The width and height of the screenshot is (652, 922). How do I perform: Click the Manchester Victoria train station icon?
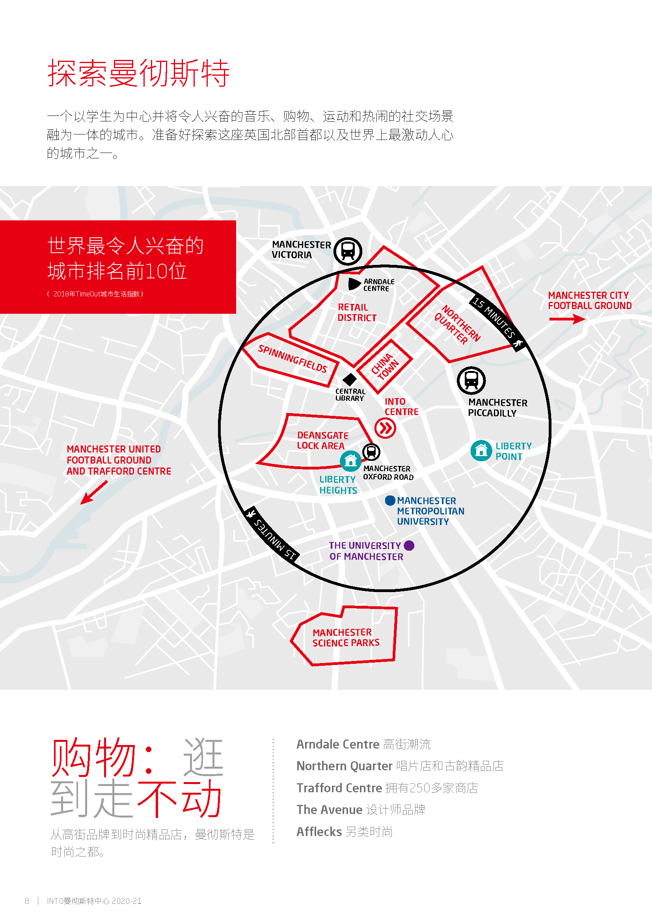pos(348,251)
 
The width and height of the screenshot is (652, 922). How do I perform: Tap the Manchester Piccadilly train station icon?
pos(471,380)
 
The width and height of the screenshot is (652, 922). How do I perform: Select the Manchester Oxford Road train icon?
pos(371,452)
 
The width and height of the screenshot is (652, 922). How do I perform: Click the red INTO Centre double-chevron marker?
pos(386,428)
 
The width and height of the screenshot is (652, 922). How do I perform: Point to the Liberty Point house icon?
pos(481,451)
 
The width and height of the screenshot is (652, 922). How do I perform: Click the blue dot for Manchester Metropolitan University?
pos(390,500)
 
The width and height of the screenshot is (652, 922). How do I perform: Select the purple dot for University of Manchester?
pos(409,545)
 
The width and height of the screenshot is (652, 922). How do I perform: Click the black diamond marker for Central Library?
pos(349,379)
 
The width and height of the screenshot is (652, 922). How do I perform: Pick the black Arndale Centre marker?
pos(354,284)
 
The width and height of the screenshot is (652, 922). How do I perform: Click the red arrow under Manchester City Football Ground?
pos(567,319)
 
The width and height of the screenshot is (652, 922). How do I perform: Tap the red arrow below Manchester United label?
pos(94,492)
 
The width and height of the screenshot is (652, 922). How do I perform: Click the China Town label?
pos(385,366)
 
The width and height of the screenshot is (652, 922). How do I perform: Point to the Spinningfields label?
pos(292,359)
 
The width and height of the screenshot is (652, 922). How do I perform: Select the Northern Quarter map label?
pos(457,325)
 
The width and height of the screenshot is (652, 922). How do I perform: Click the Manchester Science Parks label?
pos(346,638)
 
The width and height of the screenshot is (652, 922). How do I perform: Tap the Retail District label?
pos(357,313)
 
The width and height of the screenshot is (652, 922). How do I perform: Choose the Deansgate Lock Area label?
pos(323,441)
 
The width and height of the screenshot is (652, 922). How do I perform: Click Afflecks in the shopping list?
pos(319,832)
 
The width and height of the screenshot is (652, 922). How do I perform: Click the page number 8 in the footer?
pos(27,901)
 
